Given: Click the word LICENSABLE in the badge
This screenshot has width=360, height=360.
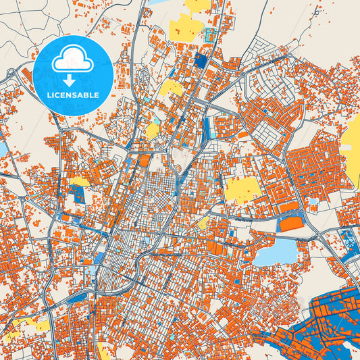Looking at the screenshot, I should [x=72, y=95].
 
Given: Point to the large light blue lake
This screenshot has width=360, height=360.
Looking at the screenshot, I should [x=276, y=252].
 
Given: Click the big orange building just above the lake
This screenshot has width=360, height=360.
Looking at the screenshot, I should [x=292, y=223].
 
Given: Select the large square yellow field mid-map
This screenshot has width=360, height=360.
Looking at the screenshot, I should [x=242, y=188].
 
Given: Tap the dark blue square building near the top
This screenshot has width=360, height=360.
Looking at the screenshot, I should [x=201, y=60].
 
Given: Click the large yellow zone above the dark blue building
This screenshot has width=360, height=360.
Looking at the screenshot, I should [x=186, y=28].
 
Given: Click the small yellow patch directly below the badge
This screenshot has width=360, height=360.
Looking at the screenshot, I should [x=79, y=181].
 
